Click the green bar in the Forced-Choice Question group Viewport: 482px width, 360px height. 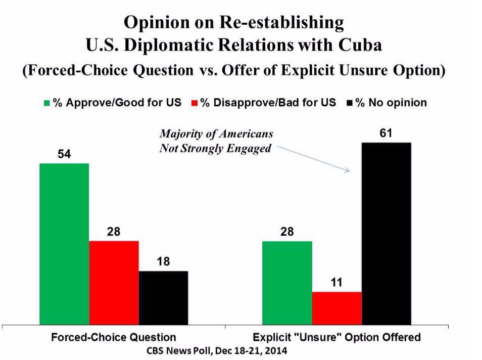point(64,243)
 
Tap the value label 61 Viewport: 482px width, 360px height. point(387,134)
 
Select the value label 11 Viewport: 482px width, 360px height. point(336,283)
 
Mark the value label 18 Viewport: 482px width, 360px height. point(163,262)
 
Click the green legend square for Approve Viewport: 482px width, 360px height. point(46,103)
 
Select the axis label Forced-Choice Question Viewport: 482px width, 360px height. point(114,337)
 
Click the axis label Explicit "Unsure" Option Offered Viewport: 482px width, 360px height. point(337,337)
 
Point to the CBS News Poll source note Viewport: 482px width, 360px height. point(223,350)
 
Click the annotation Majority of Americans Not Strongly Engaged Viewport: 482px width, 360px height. point(216,142)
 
